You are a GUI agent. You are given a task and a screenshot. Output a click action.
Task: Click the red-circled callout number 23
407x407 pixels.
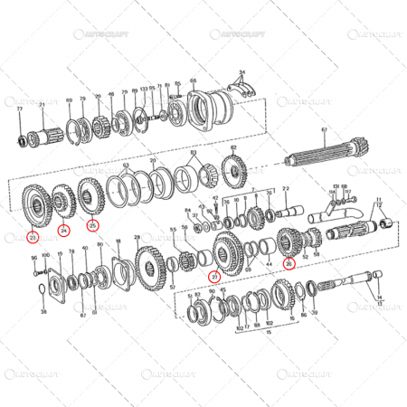pos(33,237)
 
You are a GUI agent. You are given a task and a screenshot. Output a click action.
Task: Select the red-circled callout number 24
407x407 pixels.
pos(63,230)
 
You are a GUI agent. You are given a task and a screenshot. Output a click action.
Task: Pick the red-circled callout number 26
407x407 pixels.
pos(289,264)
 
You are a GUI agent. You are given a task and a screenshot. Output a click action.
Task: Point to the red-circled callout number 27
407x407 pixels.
pos(213,276)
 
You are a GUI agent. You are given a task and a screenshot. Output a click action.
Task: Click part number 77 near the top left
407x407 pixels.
pos(19,108)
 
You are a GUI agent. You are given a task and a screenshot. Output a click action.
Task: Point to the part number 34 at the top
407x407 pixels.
pos(241,71)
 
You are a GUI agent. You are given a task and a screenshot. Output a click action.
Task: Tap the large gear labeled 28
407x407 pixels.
pos(147,266)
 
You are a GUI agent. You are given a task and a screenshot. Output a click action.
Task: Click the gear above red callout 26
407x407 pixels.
pos(291,240)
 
